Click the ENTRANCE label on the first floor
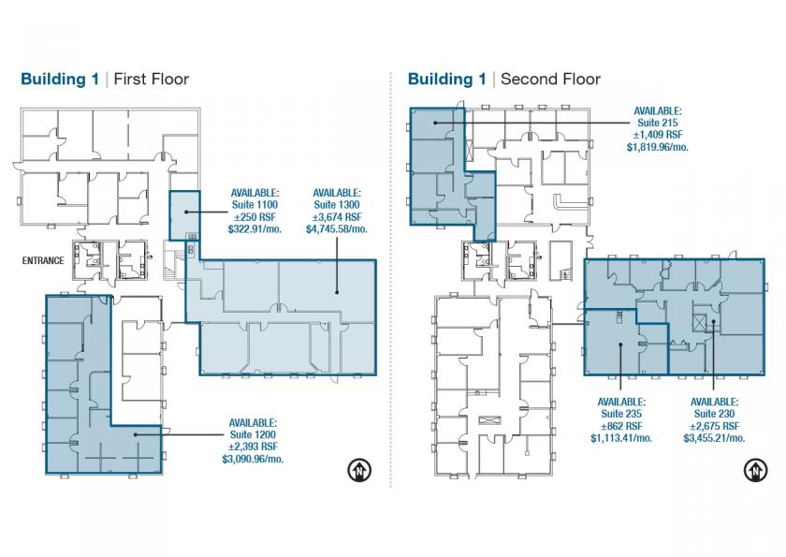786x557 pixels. (x=43, y=260)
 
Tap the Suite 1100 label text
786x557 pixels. (x=255, y=205)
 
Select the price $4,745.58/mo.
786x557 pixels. (x=337, y=229)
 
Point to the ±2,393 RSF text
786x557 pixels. (x=254, y=447)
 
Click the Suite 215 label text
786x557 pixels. (x=658, y=123)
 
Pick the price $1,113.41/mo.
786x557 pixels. (x=621, y=438)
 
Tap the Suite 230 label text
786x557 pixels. (x=714, y=414)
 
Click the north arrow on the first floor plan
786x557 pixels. (x=360, y=470)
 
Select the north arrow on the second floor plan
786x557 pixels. (x=755, y=470)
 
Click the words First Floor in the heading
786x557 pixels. (x=152, y=80)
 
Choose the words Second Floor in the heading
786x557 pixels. (x=550, y=80)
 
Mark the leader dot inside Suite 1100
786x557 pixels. (x=186, y=213)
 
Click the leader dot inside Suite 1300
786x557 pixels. (x=337, y=292)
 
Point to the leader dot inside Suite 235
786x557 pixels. (x=620, y=344)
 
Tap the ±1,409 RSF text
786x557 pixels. (x=658, y=135)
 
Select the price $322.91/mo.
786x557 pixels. (x=255, y=229)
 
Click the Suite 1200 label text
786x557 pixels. (x=254, y=434)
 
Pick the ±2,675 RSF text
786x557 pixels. (x=714, y=426)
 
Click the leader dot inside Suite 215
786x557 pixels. (x=436, y=123)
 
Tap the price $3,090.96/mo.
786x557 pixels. (x=254, y=460)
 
